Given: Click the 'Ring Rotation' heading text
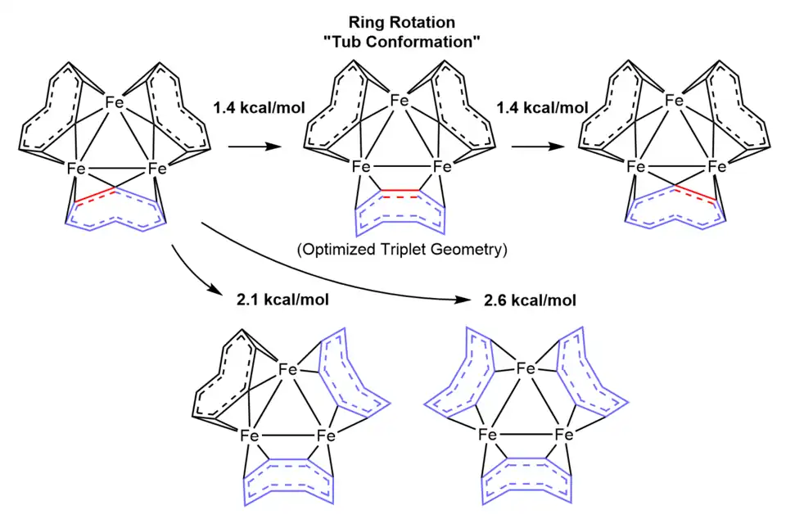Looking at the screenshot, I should coord(400,24).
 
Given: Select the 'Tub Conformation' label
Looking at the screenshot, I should coord(400,43).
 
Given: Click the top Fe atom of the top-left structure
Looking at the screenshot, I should coord(115,103).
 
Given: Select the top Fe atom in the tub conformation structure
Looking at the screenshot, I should coord(399,101).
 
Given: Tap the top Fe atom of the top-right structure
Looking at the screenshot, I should coord(674,101).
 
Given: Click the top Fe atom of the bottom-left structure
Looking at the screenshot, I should coord(287,370).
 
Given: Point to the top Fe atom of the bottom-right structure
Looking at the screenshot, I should coord(527,370).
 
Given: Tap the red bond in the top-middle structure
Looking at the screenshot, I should coord(400,190).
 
